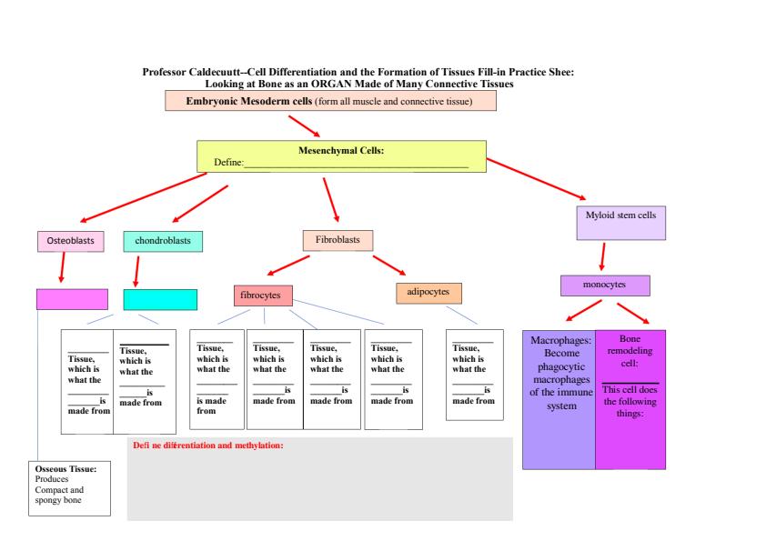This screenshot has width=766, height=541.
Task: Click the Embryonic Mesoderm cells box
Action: coord(330,100)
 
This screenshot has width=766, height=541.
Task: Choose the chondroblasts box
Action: coord(163,241)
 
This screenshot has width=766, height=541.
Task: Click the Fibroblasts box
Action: coord(338,240)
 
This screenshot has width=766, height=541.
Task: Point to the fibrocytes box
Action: coord(263,296)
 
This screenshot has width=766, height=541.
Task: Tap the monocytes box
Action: coord(605,285)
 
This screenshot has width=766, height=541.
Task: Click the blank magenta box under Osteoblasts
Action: coord(72,299)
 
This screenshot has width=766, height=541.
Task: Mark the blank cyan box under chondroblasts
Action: coord(160,299)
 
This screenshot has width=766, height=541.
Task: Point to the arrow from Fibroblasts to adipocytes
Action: coord(388,265)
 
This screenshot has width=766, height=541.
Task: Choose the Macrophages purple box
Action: coord(559,399)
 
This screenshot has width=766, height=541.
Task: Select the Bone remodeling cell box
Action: coord(630,399)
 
